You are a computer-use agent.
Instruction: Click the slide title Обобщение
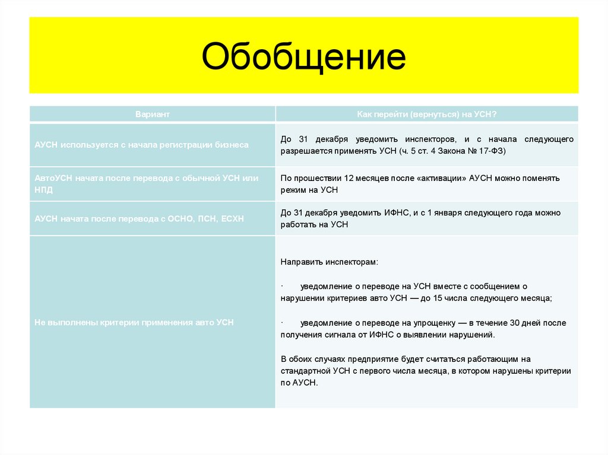303,58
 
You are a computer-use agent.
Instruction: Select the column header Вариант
152,114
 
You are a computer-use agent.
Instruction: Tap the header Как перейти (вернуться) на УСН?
426,114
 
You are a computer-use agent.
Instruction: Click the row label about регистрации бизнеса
141,145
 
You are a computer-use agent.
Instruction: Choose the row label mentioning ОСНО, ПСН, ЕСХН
139,219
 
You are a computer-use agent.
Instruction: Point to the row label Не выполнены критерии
134,322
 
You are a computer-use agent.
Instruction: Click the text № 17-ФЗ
485,151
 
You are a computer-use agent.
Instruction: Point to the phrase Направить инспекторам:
329,262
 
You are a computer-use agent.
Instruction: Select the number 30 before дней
515,323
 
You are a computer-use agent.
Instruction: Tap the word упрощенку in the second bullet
433,323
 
